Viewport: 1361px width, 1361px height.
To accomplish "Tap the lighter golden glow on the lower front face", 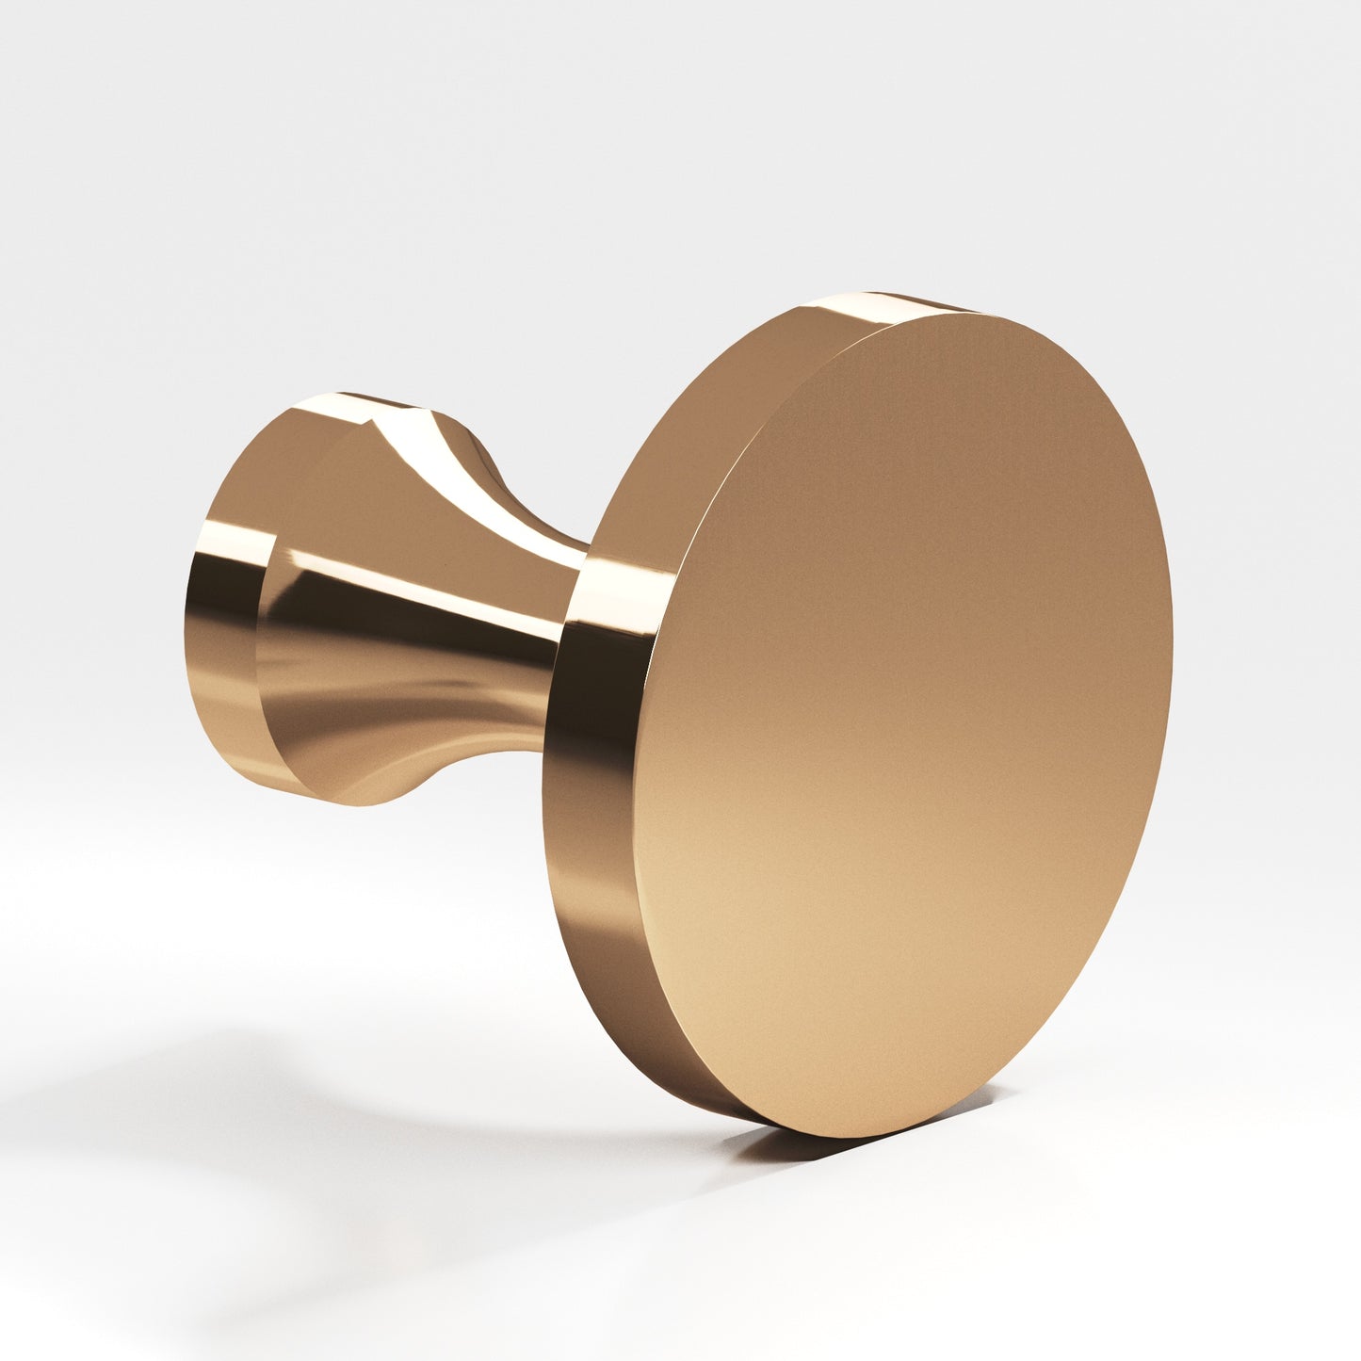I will (848, 942).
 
